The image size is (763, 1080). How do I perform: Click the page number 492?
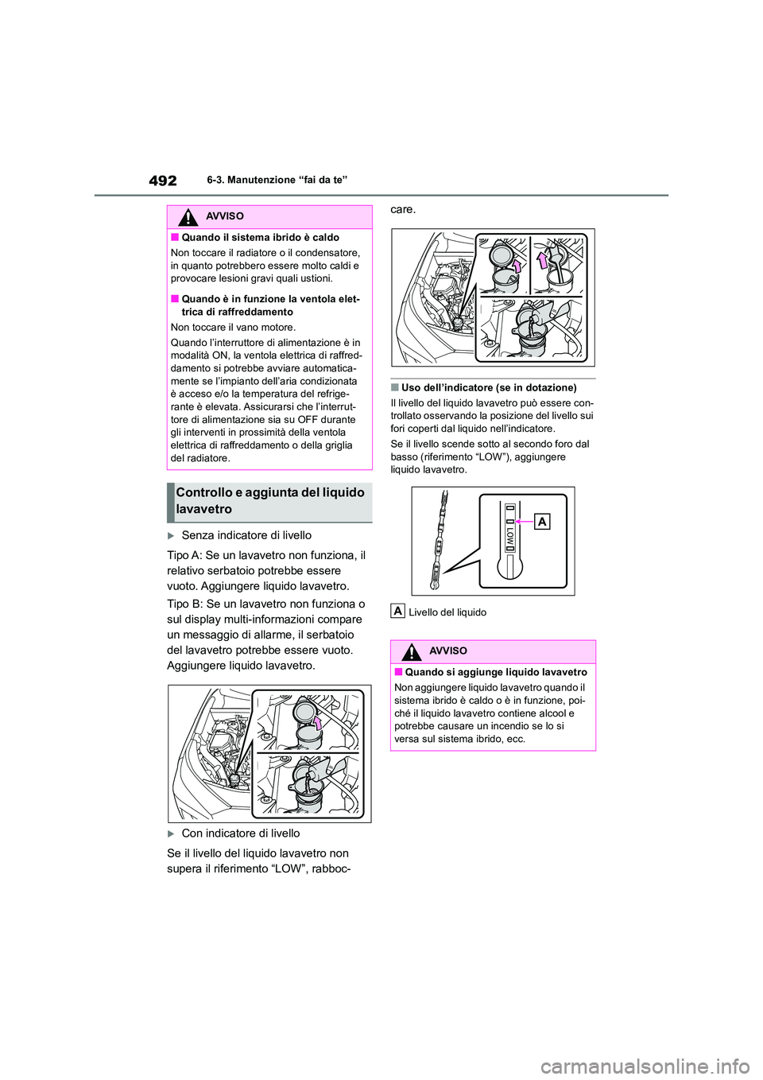tap(163, 181)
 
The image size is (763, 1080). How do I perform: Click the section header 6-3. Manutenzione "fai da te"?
tap(277, 181)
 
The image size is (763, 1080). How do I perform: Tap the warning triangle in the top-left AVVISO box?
tap(188, 216)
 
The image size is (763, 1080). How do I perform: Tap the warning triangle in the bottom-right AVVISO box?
tap(411, 651)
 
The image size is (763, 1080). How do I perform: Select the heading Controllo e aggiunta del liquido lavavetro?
tap(270, 501)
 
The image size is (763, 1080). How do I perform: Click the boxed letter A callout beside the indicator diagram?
tap(542, 522)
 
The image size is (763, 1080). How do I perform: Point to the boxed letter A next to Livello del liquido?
tap(397, 612)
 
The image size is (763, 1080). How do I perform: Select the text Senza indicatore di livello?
tap(246, 535)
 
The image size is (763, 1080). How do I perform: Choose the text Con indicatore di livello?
tap(241, 833)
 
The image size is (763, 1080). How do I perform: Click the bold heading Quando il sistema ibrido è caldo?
tap(260, 238)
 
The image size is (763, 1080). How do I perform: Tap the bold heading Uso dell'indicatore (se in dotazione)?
tap(489, 388)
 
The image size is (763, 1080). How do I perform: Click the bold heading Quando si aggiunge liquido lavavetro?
tap(496, 673)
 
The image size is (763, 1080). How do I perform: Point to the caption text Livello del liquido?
tap(447, 612)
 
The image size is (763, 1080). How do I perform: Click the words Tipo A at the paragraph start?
tap(184, 555)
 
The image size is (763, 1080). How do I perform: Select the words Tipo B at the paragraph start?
tap(184, 604)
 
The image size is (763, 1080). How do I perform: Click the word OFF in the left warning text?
tap(308, 420)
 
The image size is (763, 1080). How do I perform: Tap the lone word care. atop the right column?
tap(403, 210)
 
